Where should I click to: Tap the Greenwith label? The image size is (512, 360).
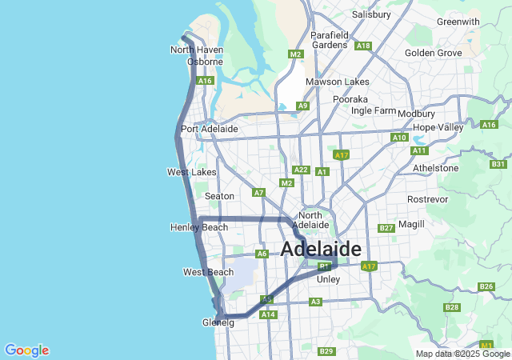(x=458, y=22)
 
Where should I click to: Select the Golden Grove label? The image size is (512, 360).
(x=434, y=53)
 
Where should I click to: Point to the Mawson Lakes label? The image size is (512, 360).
(x=337, y=82)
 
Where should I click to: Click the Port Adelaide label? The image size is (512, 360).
(x=210, y=129)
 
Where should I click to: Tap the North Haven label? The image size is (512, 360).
(x=197, y=50)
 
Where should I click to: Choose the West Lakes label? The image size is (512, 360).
(x=191, y=172)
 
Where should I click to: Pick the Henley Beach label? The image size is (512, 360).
(x=199, y=227)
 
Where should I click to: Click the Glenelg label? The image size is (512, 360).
(x=218, y=322)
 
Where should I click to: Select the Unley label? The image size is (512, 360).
(x=329, y=279)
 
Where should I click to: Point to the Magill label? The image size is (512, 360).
(x=411, y=224)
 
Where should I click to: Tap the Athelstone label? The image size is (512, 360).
(x=435, y=168)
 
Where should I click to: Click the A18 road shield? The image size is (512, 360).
(x=363, y=46)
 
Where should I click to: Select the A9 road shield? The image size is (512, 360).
(x=302, y=106)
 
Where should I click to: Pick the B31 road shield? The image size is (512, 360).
(x=498, y=164)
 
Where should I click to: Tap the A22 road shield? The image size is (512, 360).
(x=301, y=170)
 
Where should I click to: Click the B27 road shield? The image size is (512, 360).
(x=386, y=228)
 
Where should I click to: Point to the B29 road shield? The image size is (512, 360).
(x=326, y=351)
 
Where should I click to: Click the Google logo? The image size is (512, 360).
(x=26, y=350)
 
